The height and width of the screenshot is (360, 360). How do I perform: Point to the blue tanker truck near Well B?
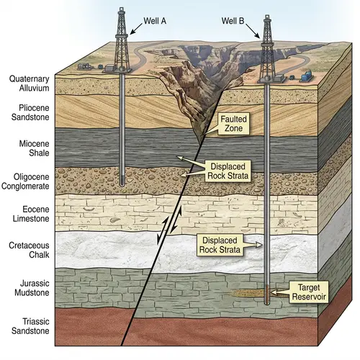(307, 74)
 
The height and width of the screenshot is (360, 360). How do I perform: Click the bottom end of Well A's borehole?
(124, 184)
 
